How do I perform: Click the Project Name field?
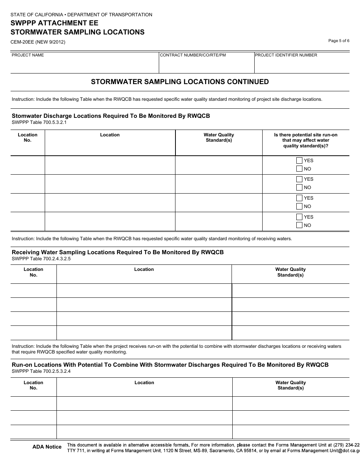click(x=84, y=65)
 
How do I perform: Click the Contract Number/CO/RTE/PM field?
click(x=207, y=65)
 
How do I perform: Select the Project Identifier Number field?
click(x=302, y=65)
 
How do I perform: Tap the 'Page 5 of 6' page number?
click(x=339, y=41)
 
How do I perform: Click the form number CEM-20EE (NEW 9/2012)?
click(x=38, y=42)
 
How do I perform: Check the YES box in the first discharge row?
click(x=299, y=160)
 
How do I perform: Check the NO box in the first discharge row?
click(x=299, y=169)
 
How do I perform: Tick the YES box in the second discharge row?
click(x=299, y=179)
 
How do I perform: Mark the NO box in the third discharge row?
click(x=299, y=206)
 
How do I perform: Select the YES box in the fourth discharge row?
click(x=299, y=217)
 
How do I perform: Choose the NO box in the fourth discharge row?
click(x=299, y=225)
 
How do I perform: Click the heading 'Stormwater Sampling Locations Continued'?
click(x=180, y=82)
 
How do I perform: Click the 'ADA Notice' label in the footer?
click(x=47, y=447)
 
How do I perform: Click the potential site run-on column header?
click(x=305, y=140)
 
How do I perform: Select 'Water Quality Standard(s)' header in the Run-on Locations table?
click(x=291, y=385)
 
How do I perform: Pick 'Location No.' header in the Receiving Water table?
click(x=33, y=272)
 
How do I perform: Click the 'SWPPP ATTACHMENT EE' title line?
click(x=54, y=23)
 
